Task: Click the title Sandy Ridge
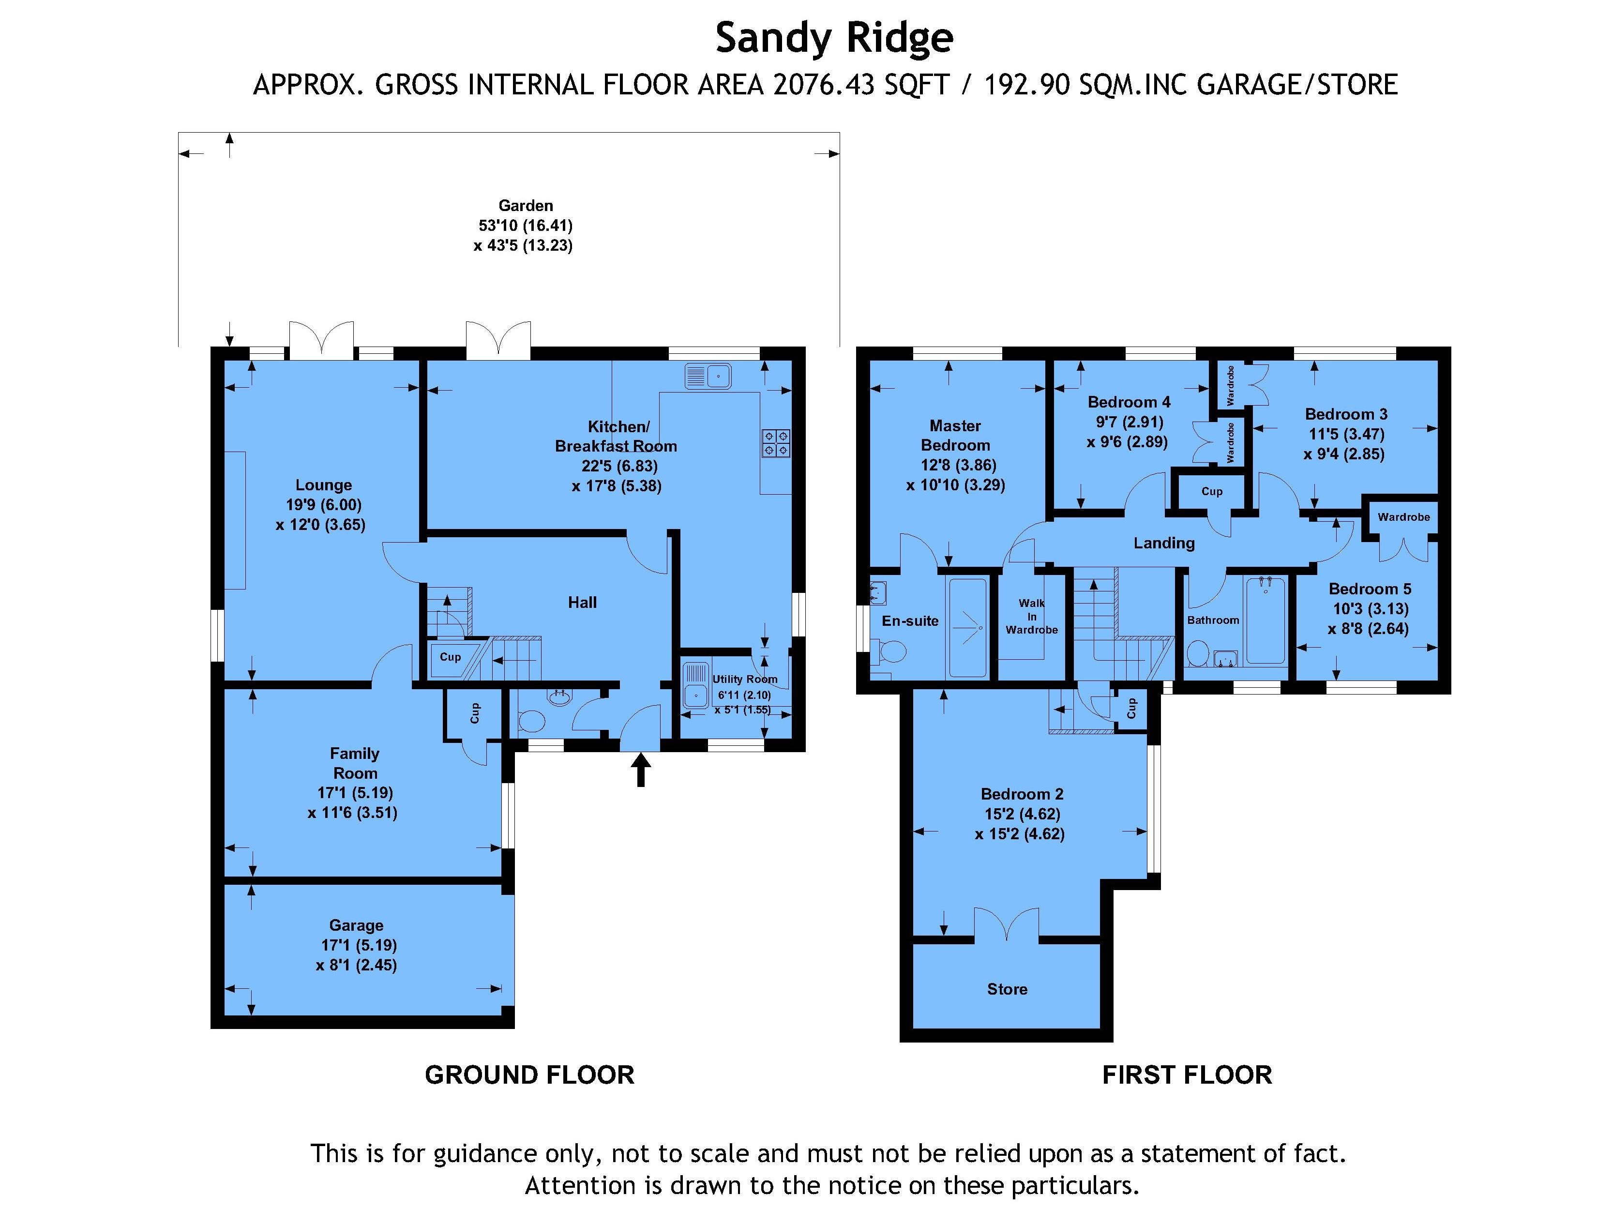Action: coord(834,38)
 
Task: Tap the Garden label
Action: coord(526,206)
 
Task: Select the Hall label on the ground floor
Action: coord(582,602)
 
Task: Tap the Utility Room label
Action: coord(744,680)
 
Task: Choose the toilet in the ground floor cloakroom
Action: coord(532,721)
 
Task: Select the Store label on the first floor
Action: coord(1007,989)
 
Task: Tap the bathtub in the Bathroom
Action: coord(1266,621)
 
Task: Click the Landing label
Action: coord(1164,543)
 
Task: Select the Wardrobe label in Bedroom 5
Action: coord(1403,517)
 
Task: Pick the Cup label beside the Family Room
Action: coord(474,713)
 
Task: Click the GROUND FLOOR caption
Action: coord(529,1075)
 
